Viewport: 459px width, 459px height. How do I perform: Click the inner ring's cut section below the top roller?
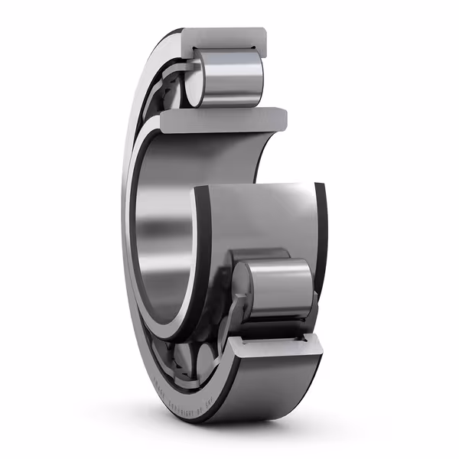pyautogui.click(x=222, y=119)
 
